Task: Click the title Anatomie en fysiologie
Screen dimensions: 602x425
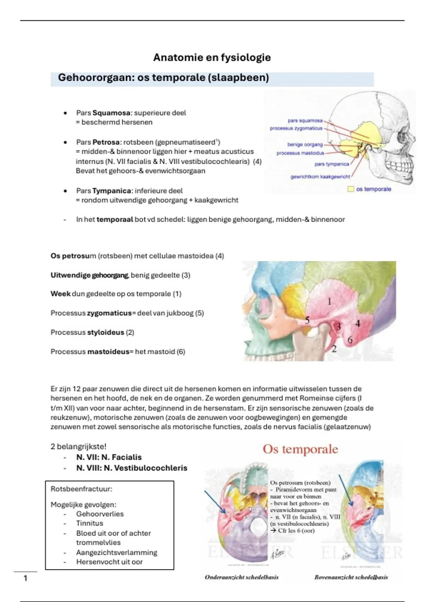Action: click(212, 57)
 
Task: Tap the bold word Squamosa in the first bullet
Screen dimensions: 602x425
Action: click(111, 113)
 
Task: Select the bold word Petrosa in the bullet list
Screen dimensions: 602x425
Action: click(106, 142)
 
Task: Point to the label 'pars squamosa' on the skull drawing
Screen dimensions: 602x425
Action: click(305, 121)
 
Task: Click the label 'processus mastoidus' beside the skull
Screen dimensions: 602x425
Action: click(300, 153)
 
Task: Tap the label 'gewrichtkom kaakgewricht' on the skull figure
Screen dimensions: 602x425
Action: click(320, 177)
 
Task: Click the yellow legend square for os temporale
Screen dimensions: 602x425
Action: click(351, 189)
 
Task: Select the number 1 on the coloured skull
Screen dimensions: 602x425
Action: click(329, 301)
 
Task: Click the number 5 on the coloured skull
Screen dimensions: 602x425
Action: click(307, 320)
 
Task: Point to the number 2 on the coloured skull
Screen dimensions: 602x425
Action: click(334, 349)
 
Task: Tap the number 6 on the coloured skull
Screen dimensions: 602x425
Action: click(350, 340)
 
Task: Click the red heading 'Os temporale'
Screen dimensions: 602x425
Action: click(300, 449)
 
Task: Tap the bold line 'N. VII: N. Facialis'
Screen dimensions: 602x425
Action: click(109, 457)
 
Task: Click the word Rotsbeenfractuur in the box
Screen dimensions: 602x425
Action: click(81, 489)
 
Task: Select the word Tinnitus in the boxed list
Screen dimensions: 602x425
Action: click(90, 523)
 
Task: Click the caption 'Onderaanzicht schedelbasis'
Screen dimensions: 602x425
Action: click(242, 577)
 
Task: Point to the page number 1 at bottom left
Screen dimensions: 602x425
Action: click(25, 578)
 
